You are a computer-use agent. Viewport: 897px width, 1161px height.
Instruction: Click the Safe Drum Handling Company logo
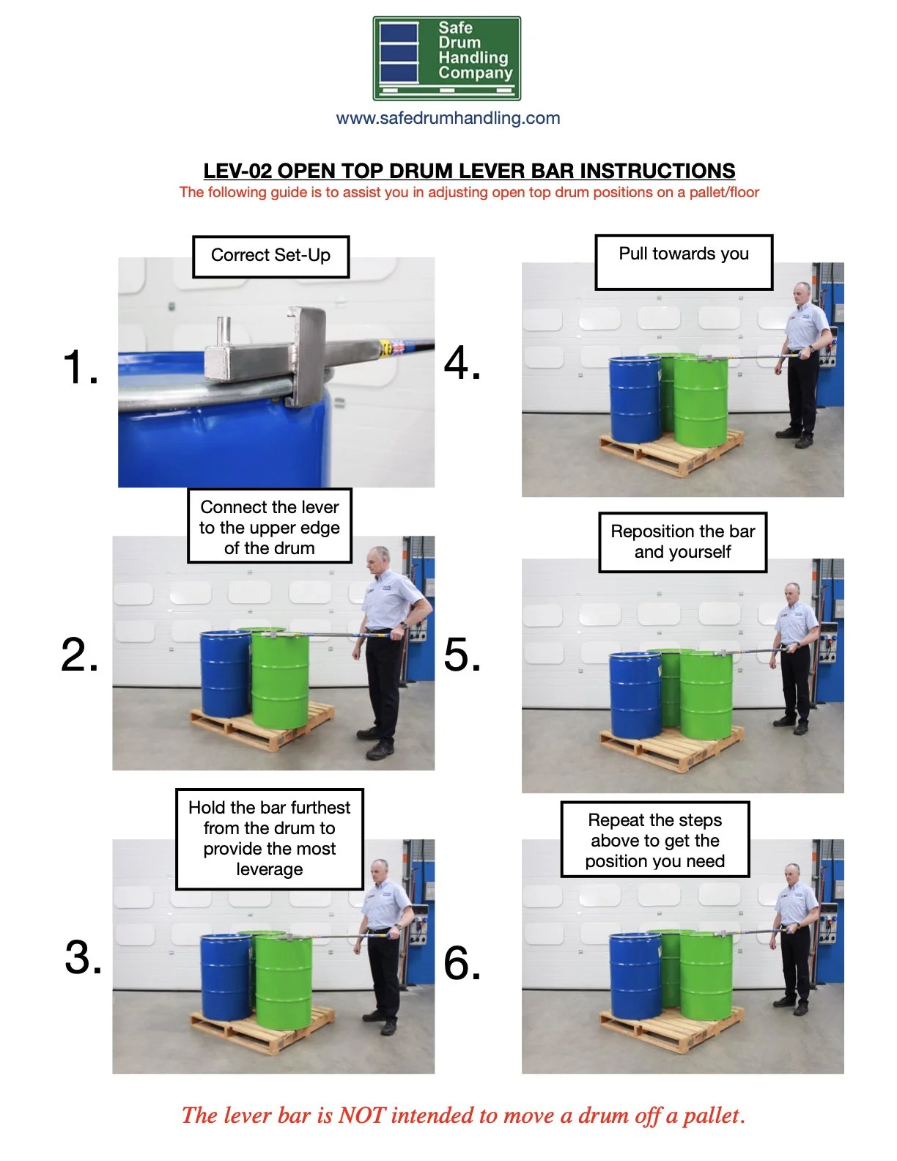446,59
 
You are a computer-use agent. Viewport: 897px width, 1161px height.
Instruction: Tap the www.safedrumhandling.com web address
448,118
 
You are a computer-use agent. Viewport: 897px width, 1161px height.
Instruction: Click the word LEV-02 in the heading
237,171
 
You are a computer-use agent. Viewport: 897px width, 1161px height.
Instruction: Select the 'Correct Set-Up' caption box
270,256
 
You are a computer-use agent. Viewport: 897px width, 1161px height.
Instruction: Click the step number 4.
462,363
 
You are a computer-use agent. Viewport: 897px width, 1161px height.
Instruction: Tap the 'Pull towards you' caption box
683,262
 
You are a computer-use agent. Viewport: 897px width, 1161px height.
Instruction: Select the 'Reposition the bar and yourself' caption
682,542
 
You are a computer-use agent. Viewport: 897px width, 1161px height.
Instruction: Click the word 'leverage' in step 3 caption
269,869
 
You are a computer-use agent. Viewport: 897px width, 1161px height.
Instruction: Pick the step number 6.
462,962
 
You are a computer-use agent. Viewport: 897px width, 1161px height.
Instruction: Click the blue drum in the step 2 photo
224,674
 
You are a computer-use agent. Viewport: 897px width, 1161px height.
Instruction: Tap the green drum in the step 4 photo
701,402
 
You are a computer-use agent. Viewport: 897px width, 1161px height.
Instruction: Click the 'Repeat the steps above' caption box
654,840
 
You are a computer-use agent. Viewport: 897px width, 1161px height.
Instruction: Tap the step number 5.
462,655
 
